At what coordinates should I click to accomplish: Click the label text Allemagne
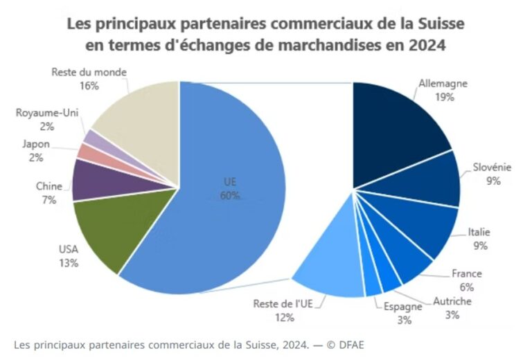(443, 84)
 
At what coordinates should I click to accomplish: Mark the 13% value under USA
(69, 263)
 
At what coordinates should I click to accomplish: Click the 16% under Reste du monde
(89, 86)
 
